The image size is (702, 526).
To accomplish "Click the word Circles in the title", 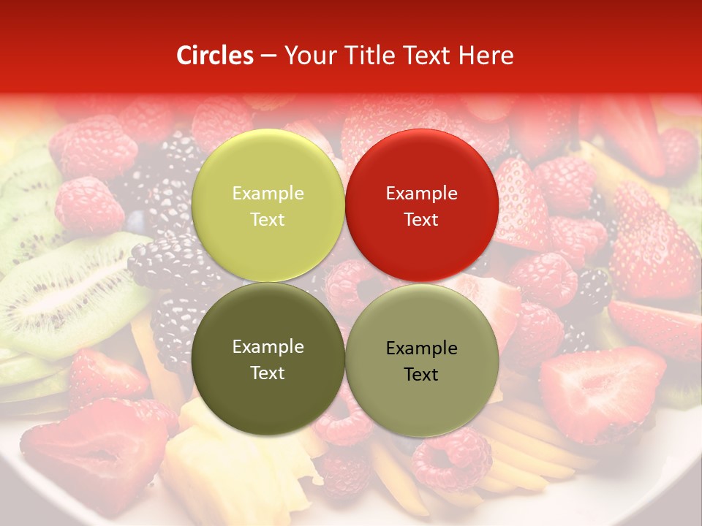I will (x=215, y=56).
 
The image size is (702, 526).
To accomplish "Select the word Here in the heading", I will (x=486, y=56).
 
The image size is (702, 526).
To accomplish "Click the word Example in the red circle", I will (x=421, y=194).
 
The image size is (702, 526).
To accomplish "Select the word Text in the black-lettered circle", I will (x=421, y=375).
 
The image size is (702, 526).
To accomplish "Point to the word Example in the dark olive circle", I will (x=268, y=347).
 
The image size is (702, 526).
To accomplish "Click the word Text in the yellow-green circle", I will (x=268, y=220).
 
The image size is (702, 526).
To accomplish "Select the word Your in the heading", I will (x=307, y=56).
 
